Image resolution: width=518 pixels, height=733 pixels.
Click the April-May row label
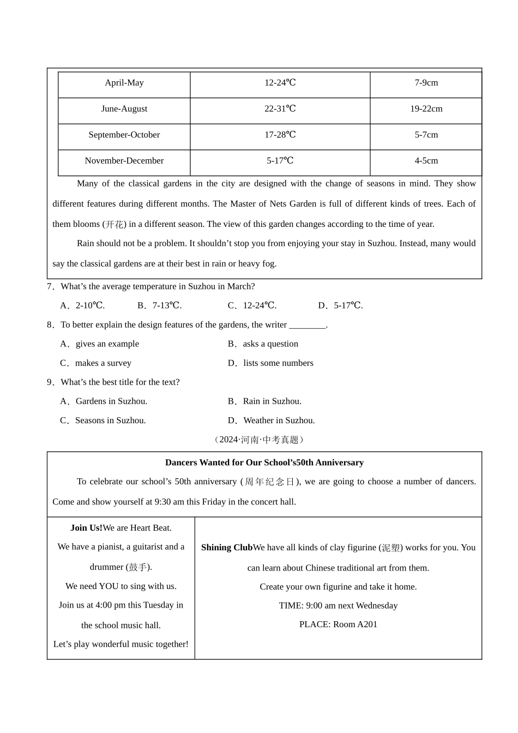pyautogui.click(x=124, y=83)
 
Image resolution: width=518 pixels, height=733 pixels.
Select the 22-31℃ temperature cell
pyautogui.click(x=280, y=109)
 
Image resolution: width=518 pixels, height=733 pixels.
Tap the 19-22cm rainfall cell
pyautogui.click(x=426, y=109)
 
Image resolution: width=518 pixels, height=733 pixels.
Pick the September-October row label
pyautogui.click(x=124, y=135)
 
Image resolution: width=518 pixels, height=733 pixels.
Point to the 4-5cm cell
pyautogui.click(x=426, y=161)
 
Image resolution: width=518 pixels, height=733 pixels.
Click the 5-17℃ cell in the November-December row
pyautogui.click(x=280, y=161)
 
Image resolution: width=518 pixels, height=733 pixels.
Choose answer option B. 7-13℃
pyautogui.click(x=159, y=305)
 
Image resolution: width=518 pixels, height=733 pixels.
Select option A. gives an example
pyautogui.click(x=100, y=344)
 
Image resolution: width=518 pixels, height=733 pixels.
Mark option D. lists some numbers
pyautogui.click(x=270, y=363)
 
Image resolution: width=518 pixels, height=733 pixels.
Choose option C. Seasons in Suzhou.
pyautogui.click(x=103, y=420)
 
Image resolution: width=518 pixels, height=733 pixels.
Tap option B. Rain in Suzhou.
pyautogui.click(x=264, y=401)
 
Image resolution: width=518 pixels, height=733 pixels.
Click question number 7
pyautogui.click(x=50, y=286)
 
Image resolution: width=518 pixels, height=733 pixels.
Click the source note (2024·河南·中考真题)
pyautogui.click(x=259, y=440)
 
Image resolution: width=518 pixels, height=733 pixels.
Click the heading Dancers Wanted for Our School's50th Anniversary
pyautogui.click(x=264, y=462)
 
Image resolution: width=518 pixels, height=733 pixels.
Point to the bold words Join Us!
pyautogui.click(x=86, y=528)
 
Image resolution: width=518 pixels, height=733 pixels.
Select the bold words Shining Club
pyautogui.click(x=227, y=548)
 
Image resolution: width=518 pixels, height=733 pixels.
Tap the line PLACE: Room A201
pyautogui.click(x=338, y=624)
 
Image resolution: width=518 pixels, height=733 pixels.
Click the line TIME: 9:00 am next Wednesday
pyautogui.click(x=338, y=605)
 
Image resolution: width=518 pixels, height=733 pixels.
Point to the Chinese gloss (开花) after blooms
pyautogui.click(x=115, y=224)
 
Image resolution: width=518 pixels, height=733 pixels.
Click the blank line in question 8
pyautogui.click(x=307, y=326)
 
